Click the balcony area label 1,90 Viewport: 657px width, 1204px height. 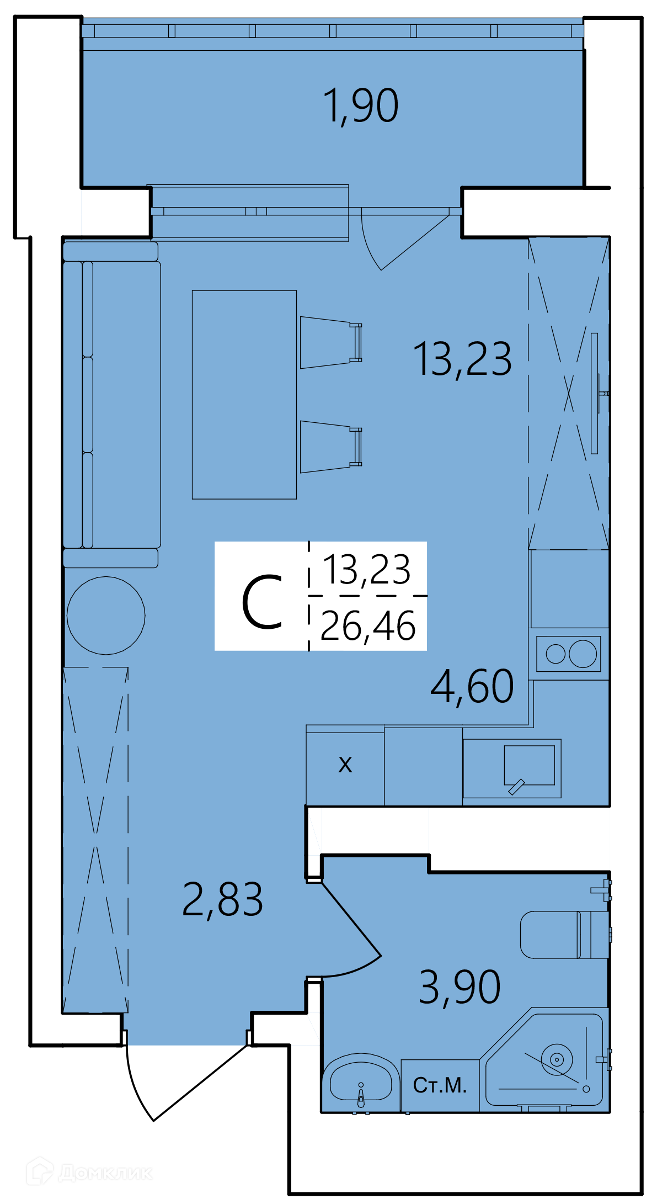coord(360,105)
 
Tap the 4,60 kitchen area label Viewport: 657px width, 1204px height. coord(472,686)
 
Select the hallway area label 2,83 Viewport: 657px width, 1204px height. coord(222,899)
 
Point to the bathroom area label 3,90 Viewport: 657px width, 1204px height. coord(460,987)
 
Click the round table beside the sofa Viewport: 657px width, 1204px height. coord(106,616)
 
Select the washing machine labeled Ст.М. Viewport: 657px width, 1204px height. coord(440,1085)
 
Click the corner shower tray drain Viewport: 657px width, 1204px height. coord(557,1059)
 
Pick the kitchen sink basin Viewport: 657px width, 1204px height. coord(529,765)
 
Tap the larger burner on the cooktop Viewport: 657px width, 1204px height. coord(583,654)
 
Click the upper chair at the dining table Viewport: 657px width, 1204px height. coord(330,342)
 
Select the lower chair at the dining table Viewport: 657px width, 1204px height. coord(330,447)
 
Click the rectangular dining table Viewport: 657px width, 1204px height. coord(244,395)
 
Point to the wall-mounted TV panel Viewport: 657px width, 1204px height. coord(595,393)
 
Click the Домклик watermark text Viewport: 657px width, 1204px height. coord(105,1172)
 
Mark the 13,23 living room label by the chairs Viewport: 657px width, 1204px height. coord(462,359)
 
